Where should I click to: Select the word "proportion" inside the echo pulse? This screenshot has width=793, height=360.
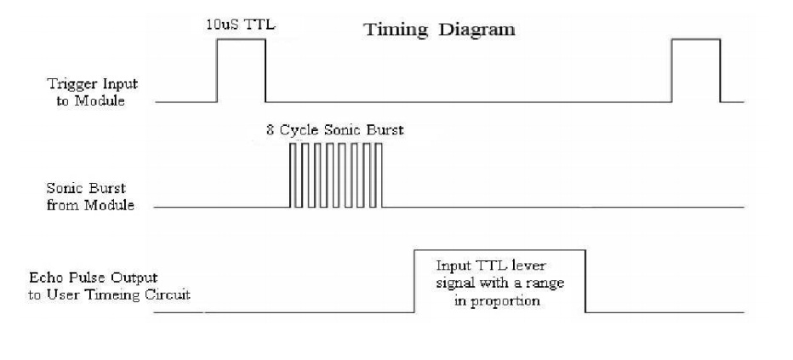pyautogui.click(x=508, y=300)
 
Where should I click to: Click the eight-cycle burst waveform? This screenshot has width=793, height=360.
pyautogui.click(x=336, y=174)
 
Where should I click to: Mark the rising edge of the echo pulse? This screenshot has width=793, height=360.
pyautogui.click(x=414, y=281)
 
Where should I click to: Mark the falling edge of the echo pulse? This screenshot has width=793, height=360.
pyautogui.click(x=585, y=281)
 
